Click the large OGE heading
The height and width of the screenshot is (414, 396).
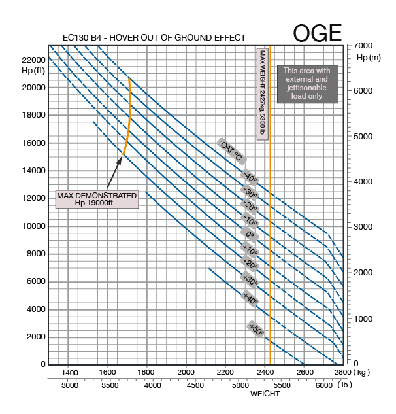[317, 33]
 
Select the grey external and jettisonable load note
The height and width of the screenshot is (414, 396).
[307, 83]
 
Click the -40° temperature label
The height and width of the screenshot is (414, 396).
[249, 177]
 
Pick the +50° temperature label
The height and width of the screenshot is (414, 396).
[256, 330]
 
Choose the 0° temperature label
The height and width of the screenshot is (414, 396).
[249, 233]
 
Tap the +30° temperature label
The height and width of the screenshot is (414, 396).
[249, 279]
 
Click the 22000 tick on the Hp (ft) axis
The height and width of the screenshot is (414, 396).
[33, 60]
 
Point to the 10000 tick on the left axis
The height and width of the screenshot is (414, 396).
[33, 226]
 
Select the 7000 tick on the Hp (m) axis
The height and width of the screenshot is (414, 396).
[363, 46]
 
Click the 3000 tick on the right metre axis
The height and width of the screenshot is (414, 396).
[363, 226]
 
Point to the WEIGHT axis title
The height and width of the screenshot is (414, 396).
[265, 394]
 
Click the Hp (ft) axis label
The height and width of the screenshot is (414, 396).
[33, 71]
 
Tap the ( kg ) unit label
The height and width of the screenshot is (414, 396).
[363, 372]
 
